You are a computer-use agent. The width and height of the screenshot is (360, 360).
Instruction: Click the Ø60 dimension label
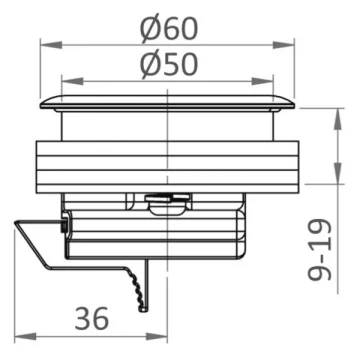169,29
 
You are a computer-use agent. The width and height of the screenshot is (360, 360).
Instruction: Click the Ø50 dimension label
169,65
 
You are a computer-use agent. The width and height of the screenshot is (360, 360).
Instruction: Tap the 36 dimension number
92,319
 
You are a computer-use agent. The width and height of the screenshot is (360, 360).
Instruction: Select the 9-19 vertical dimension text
320,250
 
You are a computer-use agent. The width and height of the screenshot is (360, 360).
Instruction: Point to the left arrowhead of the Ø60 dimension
51,45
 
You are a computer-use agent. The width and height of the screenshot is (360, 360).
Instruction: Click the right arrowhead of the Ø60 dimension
284,45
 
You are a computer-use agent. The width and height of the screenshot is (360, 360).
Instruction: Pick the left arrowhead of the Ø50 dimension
73,81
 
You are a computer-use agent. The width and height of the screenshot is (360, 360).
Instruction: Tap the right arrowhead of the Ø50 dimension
263,81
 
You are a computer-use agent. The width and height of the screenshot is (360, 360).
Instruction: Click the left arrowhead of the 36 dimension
25,337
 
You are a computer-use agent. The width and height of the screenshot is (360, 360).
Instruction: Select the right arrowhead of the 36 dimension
156,337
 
